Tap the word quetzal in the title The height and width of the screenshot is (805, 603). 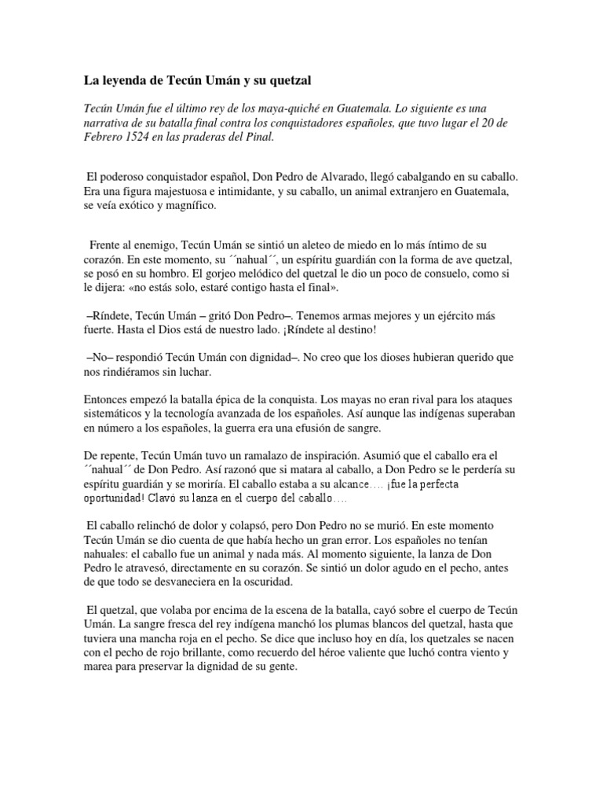point(291,80)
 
